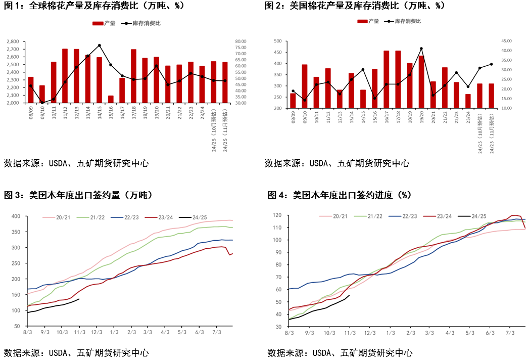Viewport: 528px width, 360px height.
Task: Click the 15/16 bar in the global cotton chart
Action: [x=111, y=99]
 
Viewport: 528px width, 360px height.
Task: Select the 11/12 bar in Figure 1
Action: [x=65, y=76]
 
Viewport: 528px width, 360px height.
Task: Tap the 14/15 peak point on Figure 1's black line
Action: [x=99, y=46]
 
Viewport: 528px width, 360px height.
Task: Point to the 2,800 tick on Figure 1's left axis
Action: [x=13, y=41]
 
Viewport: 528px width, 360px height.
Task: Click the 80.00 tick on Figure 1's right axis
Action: [x=240, y=41]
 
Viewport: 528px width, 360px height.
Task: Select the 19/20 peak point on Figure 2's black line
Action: [x=421, y=49]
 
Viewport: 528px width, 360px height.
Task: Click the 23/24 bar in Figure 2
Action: [x=468, y=101]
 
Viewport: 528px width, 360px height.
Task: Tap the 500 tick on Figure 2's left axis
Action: [x=277, y=41]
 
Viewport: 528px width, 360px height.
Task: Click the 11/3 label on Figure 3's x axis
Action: [x=79, y=332]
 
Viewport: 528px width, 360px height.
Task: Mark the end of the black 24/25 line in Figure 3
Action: [x=79, y=299]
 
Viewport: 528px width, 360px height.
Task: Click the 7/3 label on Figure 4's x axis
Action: [x=510, y=333]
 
